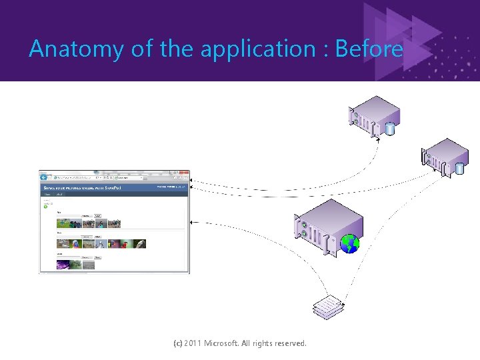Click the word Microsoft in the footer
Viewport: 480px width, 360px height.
pos(225,343)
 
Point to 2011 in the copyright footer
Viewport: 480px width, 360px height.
pos(193,343)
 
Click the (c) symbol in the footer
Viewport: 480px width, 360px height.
pos(177,343)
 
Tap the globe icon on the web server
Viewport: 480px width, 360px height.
pos(349,245)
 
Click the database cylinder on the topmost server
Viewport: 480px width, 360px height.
pos(390,128)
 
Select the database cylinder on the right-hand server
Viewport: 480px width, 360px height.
pos(459,168)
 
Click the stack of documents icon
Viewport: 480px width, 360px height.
pos(330,306)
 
